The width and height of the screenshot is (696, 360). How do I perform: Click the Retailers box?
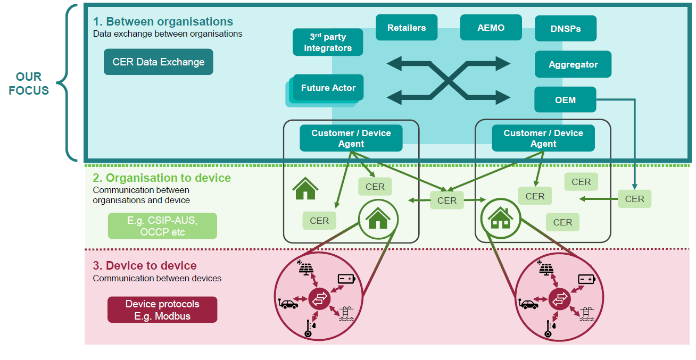(x=407, y=28)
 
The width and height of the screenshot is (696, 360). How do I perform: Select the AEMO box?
(x=491, y=28)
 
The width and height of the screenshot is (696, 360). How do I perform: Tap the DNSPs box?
(x=565, y=29)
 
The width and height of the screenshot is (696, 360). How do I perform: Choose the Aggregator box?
(x=573, y=64)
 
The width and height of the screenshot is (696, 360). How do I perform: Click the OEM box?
(x=565, y=100)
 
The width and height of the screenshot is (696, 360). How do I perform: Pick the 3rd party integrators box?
(x=328, y=43)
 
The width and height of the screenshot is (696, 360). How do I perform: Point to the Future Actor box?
(x=328, y=88)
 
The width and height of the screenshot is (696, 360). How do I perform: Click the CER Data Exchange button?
(x=159, y=62)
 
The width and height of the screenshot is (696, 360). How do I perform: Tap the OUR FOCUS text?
(x=29, y=83)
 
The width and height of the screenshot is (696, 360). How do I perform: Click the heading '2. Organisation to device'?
(x=162, y=178)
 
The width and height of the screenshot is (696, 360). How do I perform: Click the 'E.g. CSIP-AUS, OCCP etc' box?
(x=162, y=226)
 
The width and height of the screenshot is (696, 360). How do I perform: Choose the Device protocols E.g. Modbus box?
(x=162, y=310)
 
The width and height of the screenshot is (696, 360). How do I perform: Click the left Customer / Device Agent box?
(x=351, y=138)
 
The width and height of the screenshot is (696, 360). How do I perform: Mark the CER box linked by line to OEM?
(x=634, y=199)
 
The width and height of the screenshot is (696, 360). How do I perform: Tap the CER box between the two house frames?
(x=447, y=200)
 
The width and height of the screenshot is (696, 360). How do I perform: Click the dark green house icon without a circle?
(x=305, y=189)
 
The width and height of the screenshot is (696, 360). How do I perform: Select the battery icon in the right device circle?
(x=587, y=279)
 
